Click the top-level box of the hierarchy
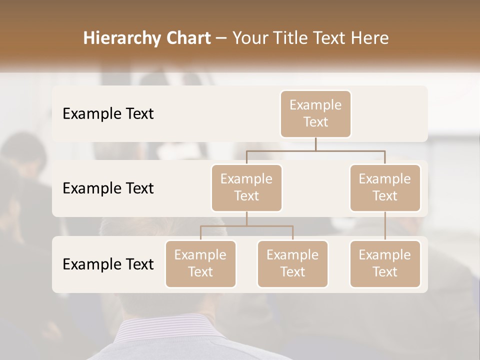315,113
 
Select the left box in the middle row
246,187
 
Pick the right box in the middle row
385,187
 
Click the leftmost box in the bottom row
200,263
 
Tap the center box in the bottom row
292,263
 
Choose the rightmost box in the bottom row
385,263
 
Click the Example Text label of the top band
108,114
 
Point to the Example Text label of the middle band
108,188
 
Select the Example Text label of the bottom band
108,264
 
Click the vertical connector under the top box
315,144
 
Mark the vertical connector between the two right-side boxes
385,226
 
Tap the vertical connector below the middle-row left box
246,218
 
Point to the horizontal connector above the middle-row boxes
315,150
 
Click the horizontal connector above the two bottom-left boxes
246,226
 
